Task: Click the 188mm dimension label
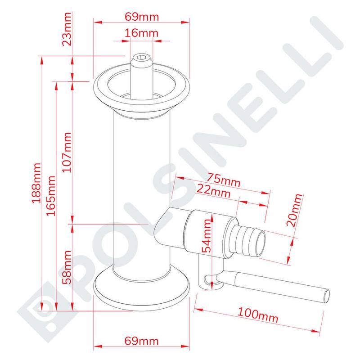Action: click(x=36, y=183)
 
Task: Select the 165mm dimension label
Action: click(x=51, y=196)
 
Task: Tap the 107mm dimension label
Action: click(x=67, y=152)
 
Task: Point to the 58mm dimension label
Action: click(x=67, y=267)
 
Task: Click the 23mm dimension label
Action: click(x=67, y=29)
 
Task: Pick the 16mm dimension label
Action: click(x=141, y=33)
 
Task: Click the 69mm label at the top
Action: click(x=142, y=17)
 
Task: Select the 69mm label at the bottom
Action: click(x=141, y=341)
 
